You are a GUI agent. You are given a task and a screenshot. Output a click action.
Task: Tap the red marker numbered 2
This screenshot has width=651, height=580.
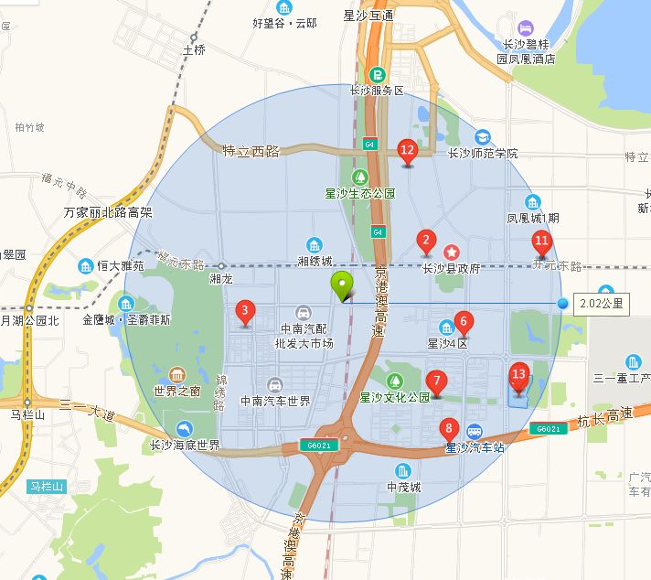(425, 242)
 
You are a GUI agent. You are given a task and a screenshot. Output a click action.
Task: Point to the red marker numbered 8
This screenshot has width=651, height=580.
(448, 427)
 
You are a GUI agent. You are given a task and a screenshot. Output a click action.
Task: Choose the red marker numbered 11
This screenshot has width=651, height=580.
(541, 242)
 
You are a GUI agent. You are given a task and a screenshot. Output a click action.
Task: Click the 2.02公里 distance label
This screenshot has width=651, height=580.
(602, 303)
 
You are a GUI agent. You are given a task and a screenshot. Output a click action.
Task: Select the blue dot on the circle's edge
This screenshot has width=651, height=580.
(562, 303)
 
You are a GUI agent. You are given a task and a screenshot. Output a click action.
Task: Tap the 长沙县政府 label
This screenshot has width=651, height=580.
(451, 268)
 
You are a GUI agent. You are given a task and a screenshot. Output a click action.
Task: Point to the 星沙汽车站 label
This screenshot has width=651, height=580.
(474, 447)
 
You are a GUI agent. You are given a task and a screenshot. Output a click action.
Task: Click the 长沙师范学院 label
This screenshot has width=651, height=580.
(482, 153)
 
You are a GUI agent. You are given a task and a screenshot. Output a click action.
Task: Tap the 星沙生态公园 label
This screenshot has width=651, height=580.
(360, 193)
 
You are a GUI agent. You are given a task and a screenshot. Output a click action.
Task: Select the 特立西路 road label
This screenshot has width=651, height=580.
(251, 151)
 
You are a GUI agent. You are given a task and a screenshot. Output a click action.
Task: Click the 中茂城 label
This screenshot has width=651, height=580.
(403, 487)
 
